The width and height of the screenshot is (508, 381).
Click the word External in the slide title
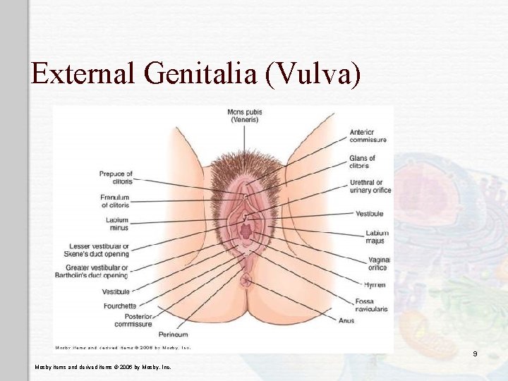point(83,73)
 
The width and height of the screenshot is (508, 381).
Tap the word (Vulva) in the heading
point(313,73)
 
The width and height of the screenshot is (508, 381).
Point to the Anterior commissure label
point(368,135)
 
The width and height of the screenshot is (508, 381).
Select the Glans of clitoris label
point(362,162)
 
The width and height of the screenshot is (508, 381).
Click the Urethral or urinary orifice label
point(370,186)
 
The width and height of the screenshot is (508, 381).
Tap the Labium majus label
point(377,237)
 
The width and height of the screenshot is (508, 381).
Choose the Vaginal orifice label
point(377,263)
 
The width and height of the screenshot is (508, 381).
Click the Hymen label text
point(374,284)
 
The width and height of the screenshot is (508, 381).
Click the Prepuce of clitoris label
point(116,177)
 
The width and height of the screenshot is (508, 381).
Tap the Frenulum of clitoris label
point(114,201)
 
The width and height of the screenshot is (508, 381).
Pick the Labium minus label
point(117,224)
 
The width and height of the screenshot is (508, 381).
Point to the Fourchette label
point(119,306)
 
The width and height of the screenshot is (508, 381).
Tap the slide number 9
point(476,353)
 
